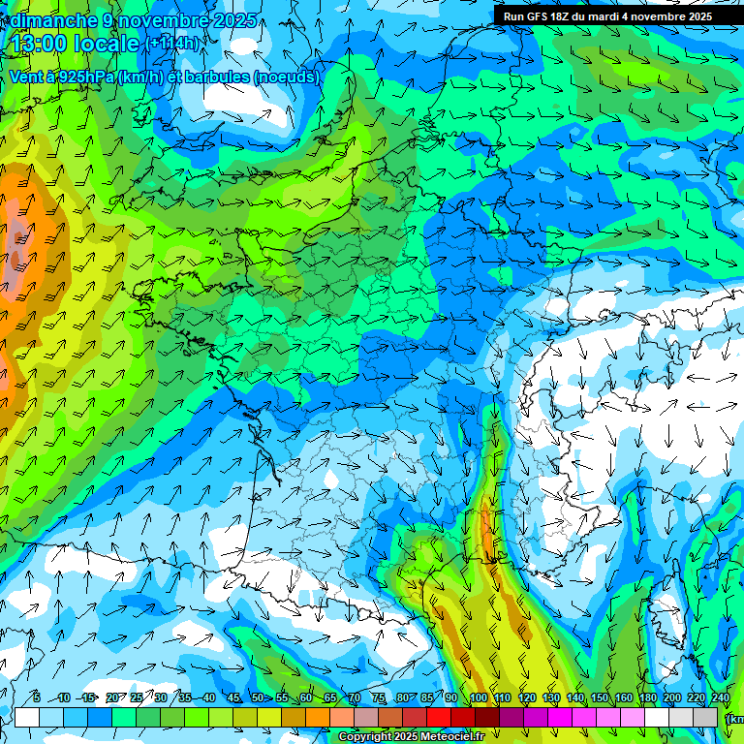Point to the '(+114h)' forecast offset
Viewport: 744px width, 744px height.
pyautogui.click(x=173, y=44)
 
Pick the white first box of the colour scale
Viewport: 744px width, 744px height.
pyautogui.click(x=26, y=718)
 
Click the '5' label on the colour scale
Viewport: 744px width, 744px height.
pyautogui.click(x=37, y=698)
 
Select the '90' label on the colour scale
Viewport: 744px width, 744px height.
pyautogui.click(x=451, y=698)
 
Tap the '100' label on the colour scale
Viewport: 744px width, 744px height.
pyautogui.click(x=478, y=698)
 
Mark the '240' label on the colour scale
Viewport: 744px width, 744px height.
pyautogui.click(x=720, y=698)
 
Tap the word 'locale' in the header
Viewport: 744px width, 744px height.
pyautogui.click(x=108, y=44)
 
